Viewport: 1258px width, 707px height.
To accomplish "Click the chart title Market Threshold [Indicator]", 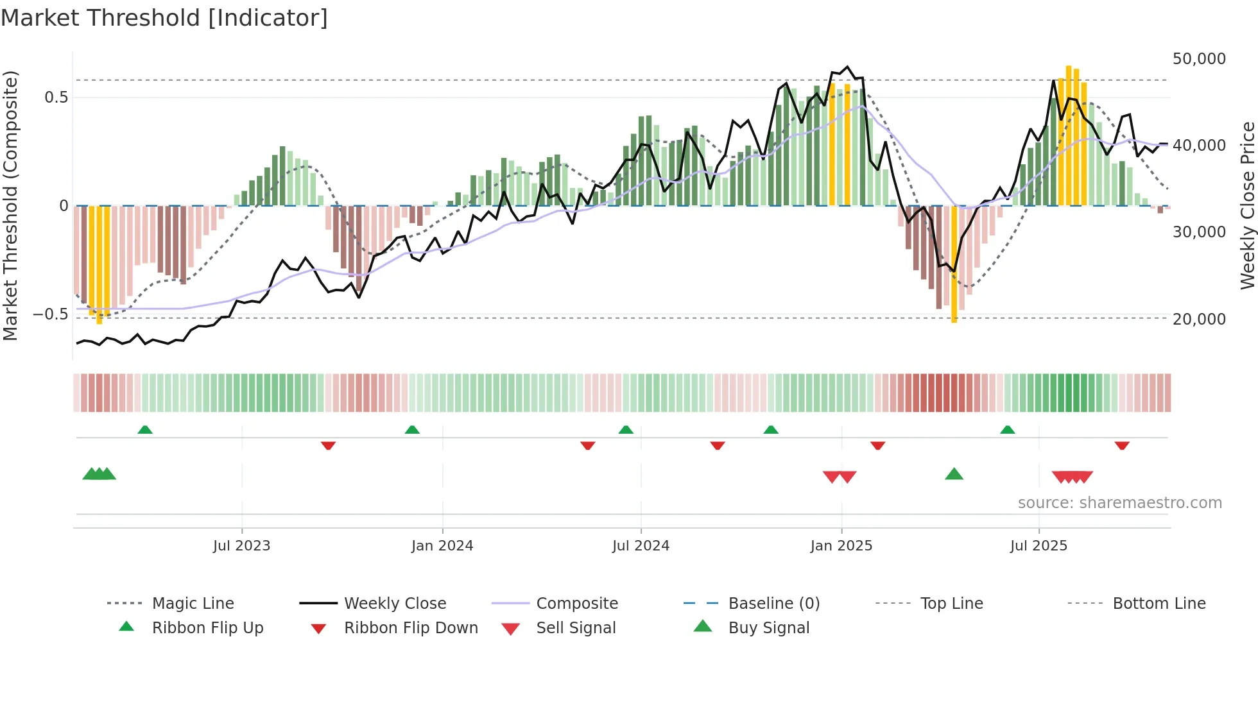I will point(164,18).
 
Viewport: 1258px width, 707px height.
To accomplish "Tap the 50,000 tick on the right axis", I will point(1198,59).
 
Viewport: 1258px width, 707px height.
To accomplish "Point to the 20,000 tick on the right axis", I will point(1198,319).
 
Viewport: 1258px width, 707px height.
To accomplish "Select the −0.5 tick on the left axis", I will point(50,314).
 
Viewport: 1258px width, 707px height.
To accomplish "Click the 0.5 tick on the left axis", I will point(56,98).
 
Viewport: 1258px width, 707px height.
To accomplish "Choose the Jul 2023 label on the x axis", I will point(241,546).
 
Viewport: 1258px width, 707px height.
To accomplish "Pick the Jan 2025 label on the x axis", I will point(841,546).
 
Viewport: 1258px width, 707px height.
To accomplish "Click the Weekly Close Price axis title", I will point(1247,205).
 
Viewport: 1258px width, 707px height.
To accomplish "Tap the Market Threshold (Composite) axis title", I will point(10,205).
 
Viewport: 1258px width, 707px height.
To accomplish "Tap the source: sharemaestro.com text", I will point(1119,503).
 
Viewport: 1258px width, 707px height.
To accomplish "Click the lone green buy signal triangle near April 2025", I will point(954,474).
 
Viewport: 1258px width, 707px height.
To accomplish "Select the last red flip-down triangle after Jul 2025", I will point(1122,445).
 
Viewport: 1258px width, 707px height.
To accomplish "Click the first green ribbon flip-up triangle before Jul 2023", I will point(145,430).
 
